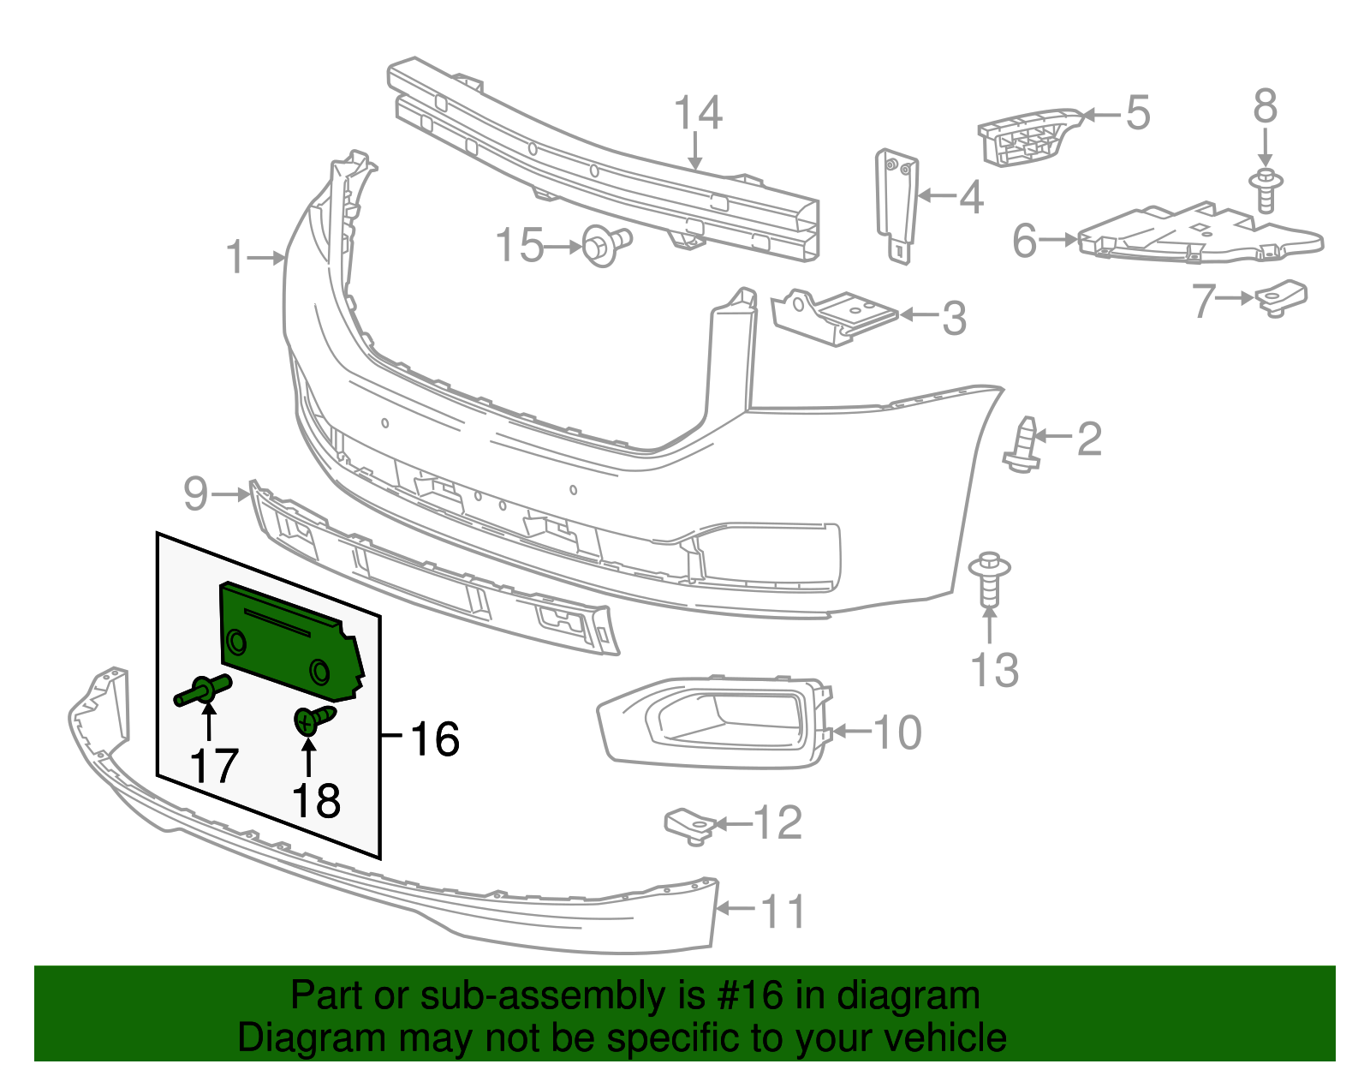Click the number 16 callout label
pos(435,738)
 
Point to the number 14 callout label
pos(698,113)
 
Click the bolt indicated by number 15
pos(605,245)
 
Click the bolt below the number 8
pos(1266,190)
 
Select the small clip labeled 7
pos(1281,297)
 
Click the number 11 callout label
pos(783,912)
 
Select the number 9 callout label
pos(196,494)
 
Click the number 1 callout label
pos(235,257)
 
